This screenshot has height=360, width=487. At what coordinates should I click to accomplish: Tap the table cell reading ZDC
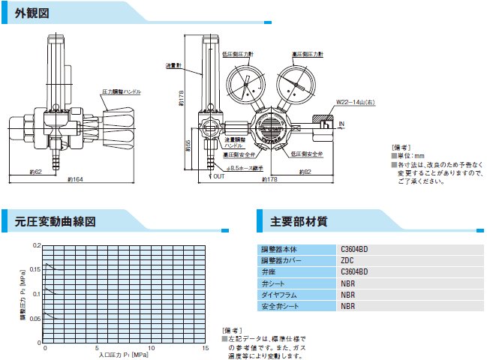[350, 260]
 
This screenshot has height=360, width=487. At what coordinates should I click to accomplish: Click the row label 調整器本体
[278, 249]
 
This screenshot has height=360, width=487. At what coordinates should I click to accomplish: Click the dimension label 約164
[74, 180]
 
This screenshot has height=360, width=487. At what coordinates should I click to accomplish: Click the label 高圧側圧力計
[308, 54]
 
